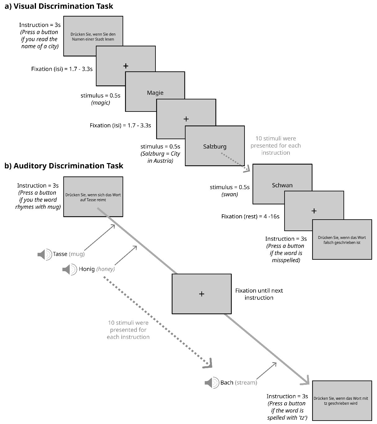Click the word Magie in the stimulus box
[x=155, y=93]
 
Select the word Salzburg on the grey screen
[x=215, y=146]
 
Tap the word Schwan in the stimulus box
[x=282, y=185]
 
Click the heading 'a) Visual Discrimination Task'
[x=59, y=6]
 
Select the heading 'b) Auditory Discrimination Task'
[x=64, y=166]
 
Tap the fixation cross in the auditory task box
[x=202, y=294]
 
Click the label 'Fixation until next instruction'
[x=259, y=294]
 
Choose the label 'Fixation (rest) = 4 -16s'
[x=250, y=216]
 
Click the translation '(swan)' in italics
[x=230, y=194]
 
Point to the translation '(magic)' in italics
[x=101, y=103]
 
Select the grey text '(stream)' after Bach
[x=246, y=383]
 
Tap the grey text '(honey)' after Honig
[x=105, y=269]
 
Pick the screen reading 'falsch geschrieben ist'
[x=342, y=240]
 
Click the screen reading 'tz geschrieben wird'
[x=342, y=401]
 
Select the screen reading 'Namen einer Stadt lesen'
[x=93, y=37]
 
